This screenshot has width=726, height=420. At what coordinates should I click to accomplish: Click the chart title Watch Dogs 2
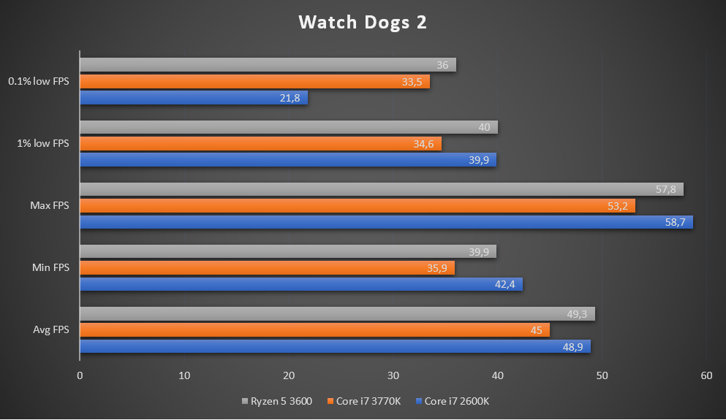coord(362,23)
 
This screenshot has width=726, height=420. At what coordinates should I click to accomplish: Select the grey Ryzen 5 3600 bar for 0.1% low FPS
coord(267,65)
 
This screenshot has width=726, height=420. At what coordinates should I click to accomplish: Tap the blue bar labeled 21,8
coord(193,97)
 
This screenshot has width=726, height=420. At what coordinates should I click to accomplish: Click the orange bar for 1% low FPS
coord(260,144)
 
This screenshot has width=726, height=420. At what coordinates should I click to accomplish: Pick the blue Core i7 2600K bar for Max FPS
coord(385,222)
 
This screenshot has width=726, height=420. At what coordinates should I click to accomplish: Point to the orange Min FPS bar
coord(266,268)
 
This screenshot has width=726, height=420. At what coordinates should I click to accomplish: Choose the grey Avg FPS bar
coord(336,314)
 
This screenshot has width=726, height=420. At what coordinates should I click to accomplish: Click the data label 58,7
coord(674,222)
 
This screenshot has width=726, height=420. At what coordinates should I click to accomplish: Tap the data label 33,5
coord(412,82)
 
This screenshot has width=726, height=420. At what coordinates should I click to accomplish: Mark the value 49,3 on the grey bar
coord(578,314)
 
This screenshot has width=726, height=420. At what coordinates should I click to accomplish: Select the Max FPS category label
coord(50,206)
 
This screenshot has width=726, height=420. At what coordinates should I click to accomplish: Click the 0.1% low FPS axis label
coord(39,81)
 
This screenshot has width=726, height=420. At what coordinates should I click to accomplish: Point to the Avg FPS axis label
coord(50,330)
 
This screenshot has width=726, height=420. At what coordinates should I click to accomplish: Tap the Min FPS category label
coord(50,268)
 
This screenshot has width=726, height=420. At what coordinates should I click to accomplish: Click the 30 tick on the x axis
coord(393,375)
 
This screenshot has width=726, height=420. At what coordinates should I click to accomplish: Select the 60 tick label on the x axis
coord(706,375)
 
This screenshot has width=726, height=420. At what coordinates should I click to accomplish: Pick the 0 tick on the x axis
coord(80,375)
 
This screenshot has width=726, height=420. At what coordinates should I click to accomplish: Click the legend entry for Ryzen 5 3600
coord(281,401)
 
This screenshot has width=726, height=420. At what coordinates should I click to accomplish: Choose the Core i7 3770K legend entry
coord(368,401)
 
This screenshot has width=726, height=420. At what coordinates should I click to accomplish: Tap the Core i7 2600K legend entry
coord(456,401)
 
